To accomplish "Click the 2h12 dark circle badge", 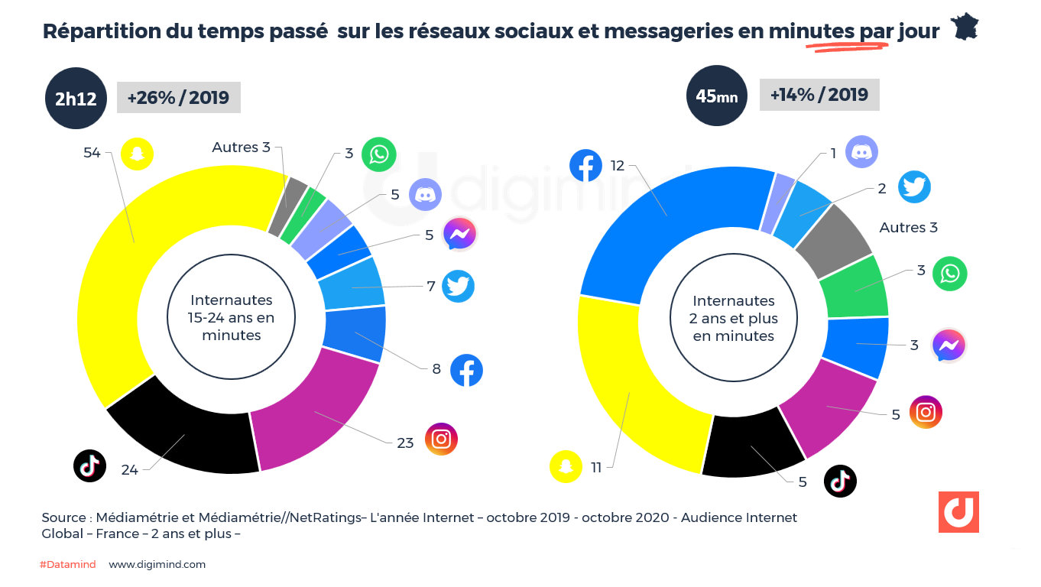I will (76, 98).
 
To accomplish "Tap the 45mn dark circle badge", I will (716, 96).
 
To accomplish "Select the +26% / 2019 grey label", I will (178, 98).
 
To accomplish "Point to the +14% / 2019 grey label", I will (819, 95).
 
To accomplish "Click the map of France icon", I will (965, 28).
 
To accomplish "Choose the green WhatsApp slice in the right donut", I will (854, 289).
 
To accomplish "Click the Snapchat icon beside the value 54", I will (137, 154).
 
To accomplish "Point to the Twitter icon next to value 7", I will (458, 287).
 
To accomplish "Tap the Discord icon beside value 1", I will (861, 152).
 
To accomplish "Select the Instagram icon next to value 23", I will (441, 439).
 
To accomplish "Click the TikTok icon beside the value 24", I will (89, 466).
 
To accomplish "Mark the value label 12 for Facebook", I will (618, 166).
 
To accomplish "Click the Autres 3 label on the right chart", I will (908, 228).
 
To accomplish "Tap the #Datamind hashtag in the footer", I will (68, 565).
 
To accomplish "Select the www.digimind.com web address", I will (157, 565).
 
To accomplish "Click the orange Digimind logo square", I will (958, 512).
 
